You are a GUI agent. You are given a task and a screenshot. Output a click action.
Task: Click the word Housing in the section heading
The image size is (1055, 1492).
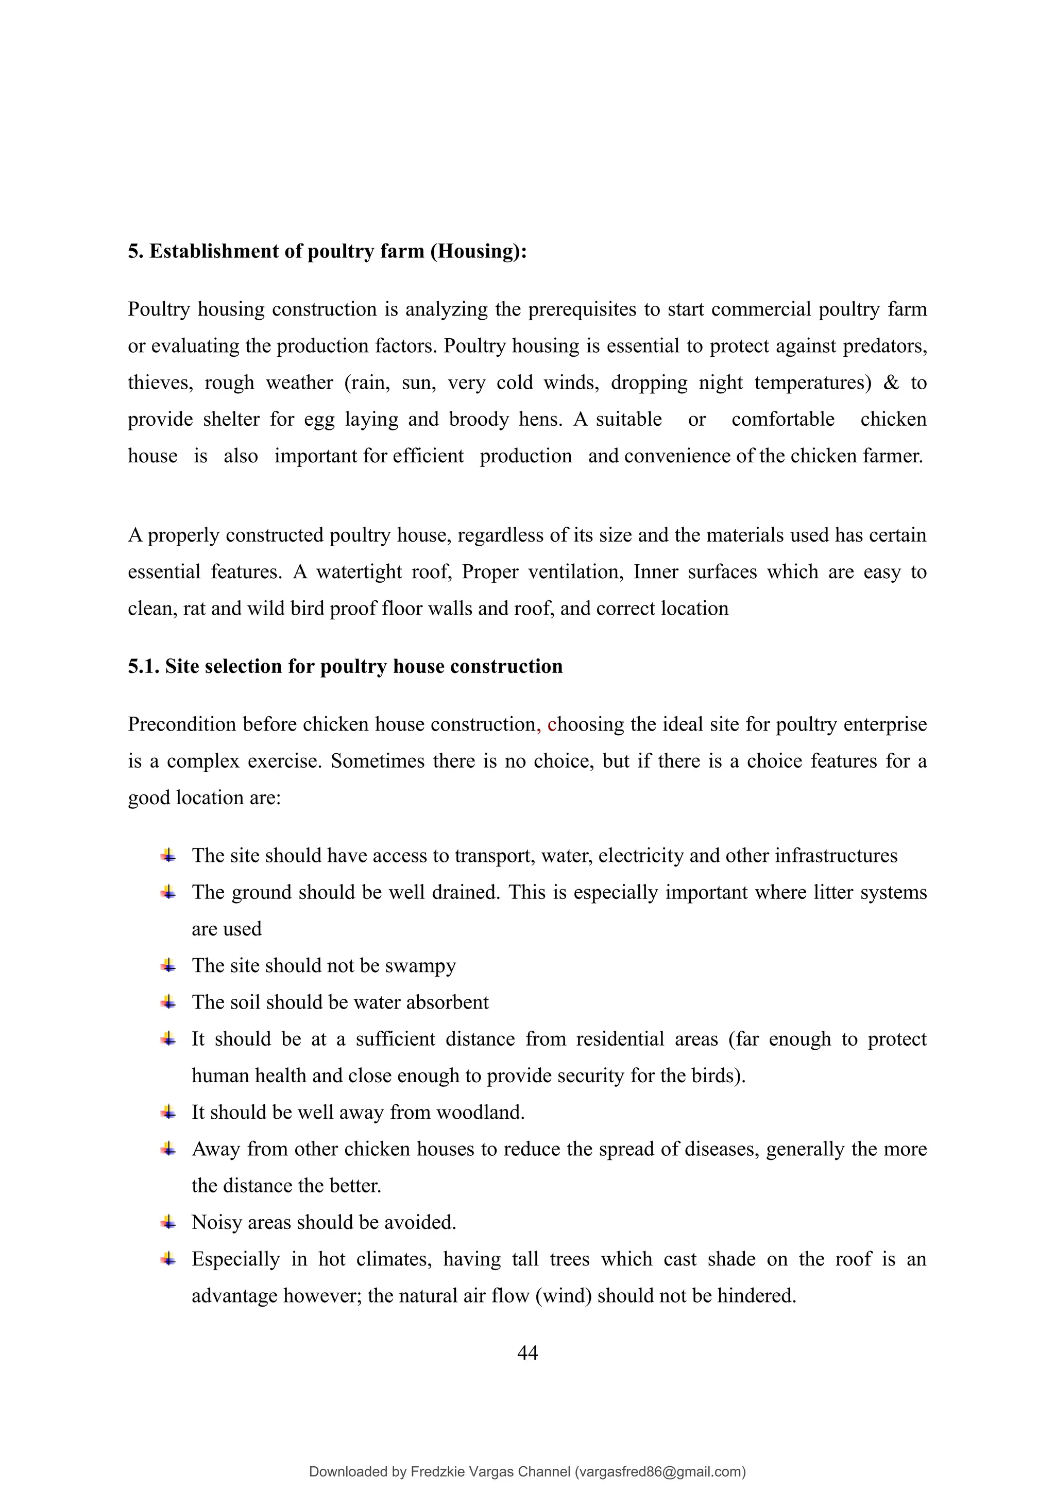(x=477, y=251)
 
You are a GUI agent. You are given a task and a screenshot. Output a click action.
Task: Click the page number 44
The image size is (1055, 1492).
(x=527, y=1353)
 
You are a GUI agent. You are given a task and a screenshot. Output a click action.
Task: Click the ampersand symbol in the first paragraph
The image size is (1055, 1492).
(x=891, y=383)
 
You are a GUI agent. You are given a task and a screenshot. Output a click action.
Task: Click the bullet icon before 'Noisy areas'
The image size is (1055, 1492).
(x=168, y=1222)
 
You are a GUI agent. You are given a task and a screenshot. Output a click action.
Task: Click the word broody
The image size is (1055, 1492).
(x=479, y=420)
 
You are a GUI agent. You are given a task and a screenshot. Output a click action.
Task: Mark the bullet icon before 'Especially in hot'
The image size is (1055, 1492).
(x=168, y=1259)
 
